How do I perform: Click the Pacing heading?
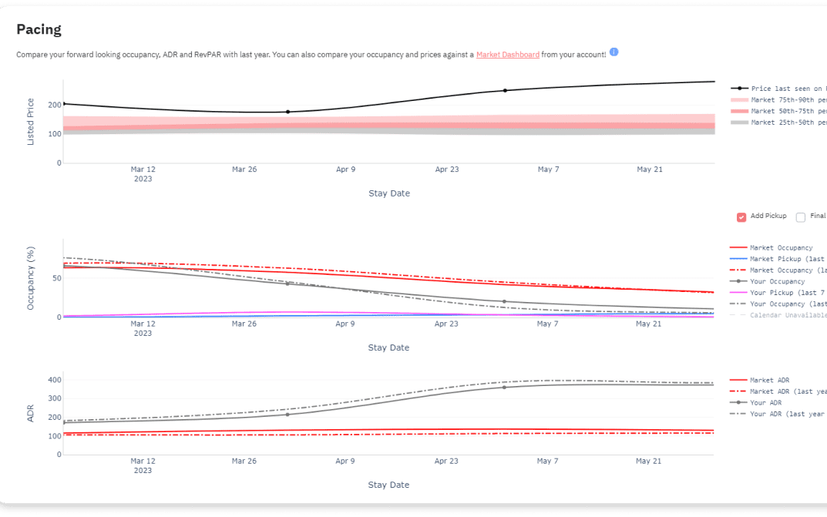[x=39, y=30]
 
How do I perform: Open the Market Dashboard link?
[x=507, y=55]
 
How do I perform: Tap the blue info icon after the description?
[x=614, y=52]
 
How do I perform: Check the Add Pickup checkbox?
[x=741, y=217]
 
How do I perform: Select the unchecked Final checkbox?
[x=801, y=217]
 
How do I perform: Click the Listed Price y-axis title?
[x=31, y=122]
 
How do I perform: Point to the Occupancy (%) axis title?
[x=31, y=279]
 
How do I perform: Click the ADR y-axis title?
[x=31, y=413]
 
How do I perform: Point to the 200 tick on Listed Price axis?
[x=54, y=105]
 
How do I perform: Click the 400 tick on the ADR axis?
[x=54, y=380]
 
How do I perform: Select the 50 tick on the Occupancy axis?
[x=55, y=278]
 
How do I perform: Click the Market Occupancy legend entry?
[x=781, y=248]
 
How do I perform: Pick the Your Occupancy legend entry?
[x=777, y=281]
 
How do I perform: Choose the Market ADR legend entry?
[x=769, y=381]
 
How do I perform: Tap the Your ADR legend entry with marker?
[x=765, y=403]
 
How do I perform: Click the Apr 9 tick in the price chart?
[x=346, y=170]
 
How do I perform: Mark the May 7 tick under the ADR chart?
[x=547, y=462]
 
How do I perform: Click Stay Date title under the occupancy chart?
[x=388, y=347]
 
